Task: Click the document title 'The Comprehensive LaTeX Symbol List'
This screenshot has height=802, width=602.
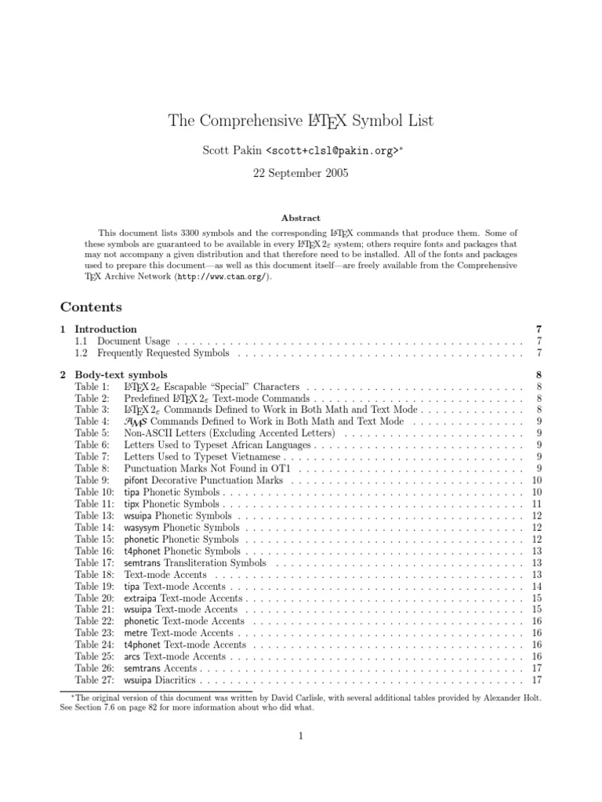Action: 300,121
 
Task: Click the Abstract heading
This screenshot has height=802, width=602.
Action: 300,218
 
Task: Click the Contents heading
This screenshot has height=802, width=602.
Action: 91,306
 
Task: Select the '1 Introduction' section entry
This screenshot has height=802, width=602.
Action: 105,330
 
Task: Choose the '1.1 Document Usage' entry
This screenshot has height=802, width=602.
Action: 133,341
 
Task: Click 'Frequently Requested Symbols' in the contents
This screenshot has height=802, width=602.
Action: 163,353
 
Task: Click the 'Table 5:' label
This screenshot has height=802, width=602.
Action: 92,433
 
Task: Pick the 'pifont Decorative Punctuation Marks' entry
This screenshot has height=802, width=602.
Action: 203,480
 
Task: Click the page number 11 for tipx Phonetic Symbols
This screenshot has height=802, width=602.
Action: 537,504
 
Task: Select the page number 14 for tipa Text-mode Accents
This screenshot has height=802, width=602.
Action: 537,586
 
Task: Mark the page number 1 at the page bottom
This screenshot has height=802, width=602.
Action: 300,735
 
